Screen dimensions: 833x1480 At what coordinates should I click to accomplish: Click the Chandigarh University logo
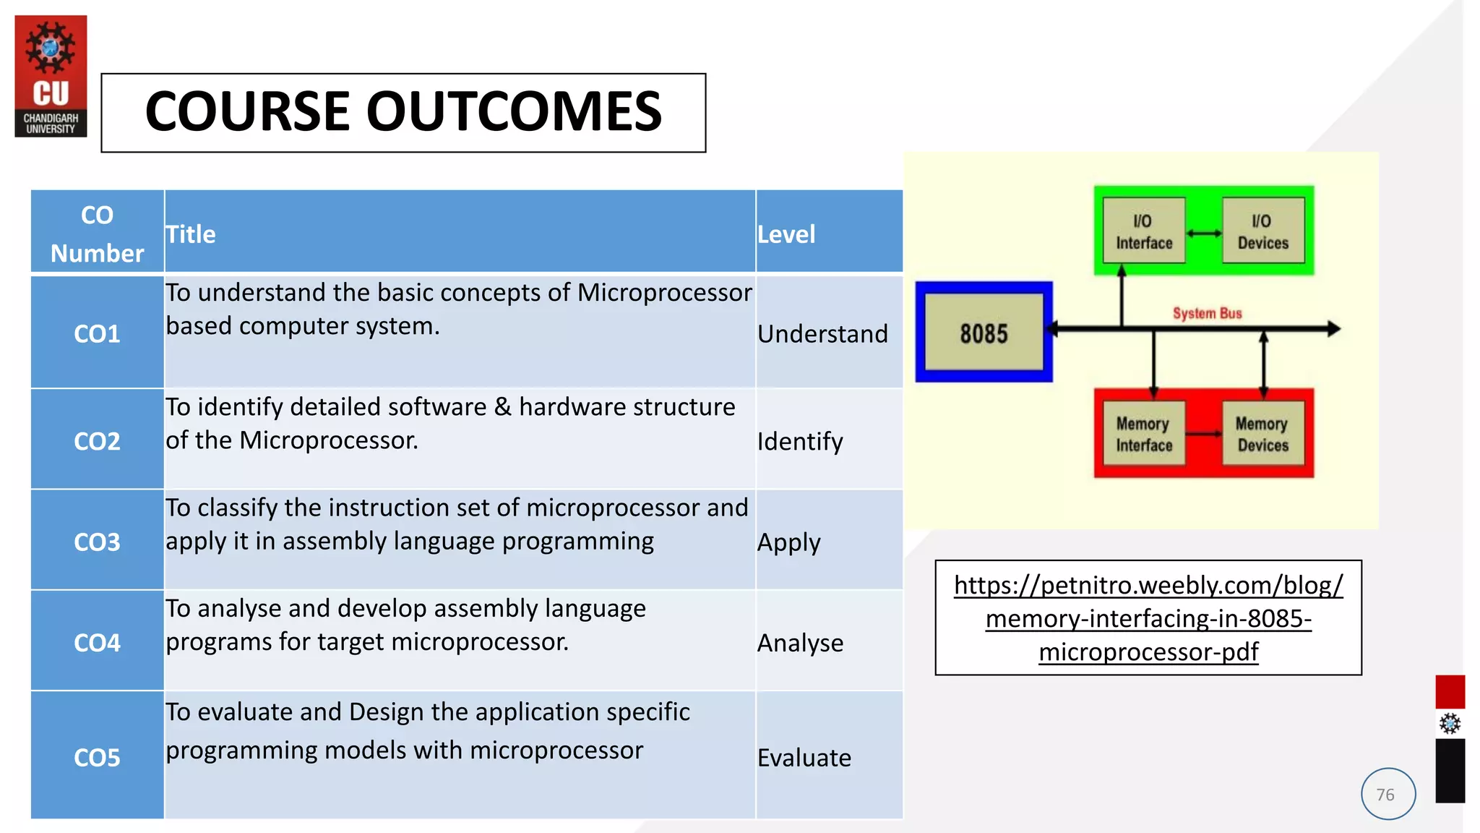51,76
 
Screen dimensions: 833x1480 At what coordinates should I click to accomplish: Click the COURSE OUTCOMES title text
403,112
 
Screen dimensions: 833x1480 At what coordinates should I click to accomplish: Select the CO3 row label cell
97,542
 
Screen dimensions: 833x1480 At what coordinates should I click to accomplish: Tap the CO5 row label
97,757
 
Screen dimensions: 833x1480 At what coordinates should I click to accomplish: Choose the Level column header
786,234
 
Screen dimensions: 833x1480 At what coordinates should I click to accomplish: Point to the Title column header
191,234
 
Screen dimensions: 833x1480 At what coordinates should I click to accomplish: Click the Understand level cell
822,333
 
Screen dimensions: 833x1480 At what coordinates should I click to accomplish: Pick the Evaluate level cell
804,757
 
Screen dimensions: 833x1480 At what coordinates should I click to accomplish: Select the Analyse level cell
800,643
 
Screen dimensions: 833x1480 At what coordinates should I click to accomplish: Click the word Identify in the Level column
800,441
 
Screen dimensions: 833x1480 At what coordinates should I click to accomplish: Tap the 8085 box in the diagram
984,333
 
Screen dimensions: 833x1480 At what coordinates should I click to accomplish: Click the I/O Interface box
1144,231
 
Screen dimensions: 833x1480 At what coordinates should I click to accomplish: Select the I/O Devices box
1262,231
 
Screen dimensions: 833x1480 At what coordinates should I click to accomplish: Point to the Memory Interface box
1144,434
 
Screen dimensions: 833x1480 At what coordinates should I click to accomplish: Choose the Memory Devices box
1262,434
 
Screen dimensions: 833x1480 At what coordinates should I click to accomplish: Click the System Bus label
1207,313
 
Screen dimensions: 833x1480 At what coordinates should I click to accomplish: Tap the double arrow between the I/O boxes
1204,233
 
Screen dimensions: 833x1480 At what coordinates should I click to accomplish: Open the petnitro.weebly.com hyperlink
1148,618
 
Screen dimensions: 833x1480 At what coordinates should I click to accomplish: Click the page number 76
1385,795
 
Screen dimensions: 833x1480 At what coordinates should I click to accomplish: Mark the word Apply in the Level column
788,542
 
